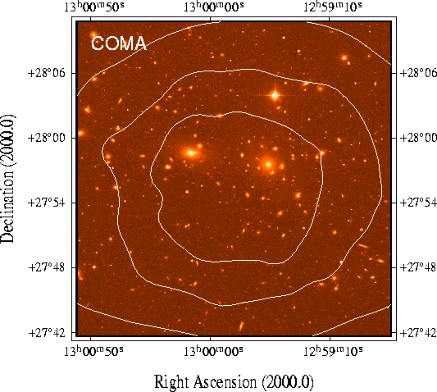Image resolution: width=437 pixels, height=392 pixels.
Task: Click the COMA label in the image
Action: [119, 43]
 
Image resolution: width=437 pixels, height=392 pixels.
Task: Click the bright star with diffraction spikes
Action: [275, 95]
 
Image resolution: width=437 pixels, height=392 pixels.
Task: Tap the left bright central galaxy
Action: [191, 153]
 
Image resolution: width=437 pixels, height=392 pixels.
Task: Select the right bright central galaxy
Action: [268, 164]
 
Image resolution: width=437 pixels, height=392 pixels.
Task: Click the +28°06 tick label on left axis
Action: [46, 73]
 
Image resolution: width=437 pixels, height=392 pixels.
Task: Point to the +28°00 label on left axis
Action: [46, 138]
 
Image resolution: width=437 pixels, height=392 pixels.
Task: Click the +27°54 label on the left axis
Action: [46, 203]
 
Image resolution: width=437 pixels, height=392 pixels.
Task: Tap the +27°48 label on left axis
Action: [46, 267]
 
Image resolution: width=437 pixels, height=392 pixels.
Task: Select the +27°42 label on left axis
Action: [46, 333]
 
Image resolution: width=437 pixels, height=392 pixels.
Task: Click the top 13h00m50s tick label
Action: [94, 7]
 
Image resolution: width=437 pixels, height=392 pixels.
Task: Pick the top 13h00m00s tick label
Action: [213, 7]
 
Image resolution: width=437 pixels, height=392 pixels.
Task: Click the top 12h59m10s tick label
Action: [333, 7]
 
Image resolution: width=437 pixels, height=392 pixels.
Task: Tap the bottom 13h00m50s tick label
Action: [94, 351]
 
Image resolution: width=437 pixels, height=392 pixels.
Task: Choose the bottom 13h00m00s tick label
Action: [213, 351]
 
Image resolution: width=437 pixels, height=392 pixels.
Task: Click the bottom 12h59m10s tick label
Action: [333, 351]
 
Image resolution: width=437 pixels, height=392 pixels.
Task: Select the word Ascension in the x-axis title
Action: [225, 381]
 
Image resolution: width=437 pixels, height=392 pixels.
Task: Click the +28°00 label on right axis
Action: [418, 138]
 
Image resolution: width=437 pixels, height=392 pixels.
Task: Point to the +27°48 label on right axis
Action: [418, 267]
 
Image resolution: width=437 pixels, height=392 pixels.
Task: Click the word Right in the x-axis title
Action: [172, 382]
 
